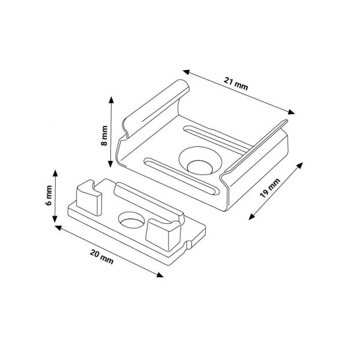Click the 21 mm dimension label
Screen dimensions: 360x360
point(236,84)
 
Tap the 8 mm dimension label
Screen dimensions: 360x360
point(104,136)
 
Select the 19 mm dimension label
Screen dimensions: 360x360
point(270,188)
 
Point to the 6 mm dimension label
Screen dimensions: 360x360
point(49,196)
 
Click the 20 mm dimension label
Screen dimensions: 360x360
point(102,257)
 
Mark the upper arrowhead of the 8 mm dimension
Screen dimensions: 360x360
point(112,100)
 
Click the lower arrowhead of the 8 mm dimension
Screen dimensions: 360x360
point(110,163)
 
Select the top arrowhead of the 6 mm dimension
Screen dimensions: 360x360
point(55,173)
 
